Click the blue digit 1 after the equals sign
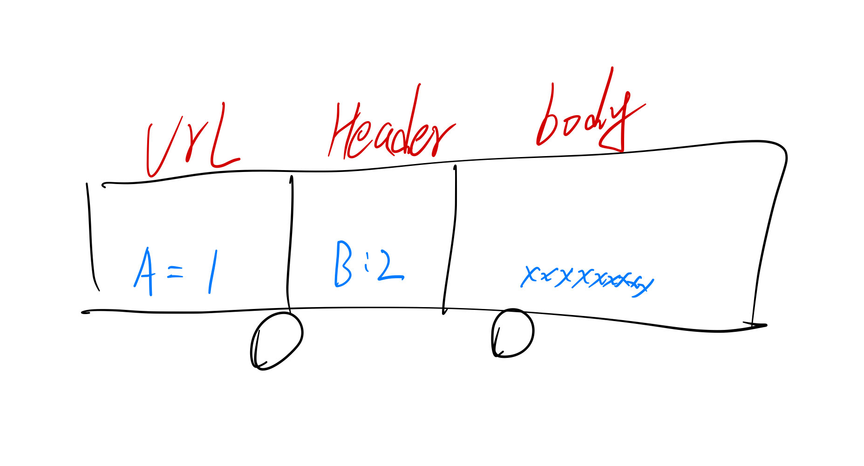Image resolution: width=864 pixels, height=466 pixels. tap(212, 273)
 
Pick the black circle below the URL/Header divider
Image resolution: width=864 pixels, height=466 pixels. tap(276, 340)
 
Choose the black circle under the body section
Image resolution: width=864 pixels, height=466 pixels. tap(512, 333)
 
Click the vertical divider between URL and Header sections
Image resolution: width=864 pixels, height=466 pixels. tap(290, 242)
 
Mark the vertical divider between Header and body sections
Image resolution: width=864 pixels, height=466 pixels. tap(451, 238)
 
